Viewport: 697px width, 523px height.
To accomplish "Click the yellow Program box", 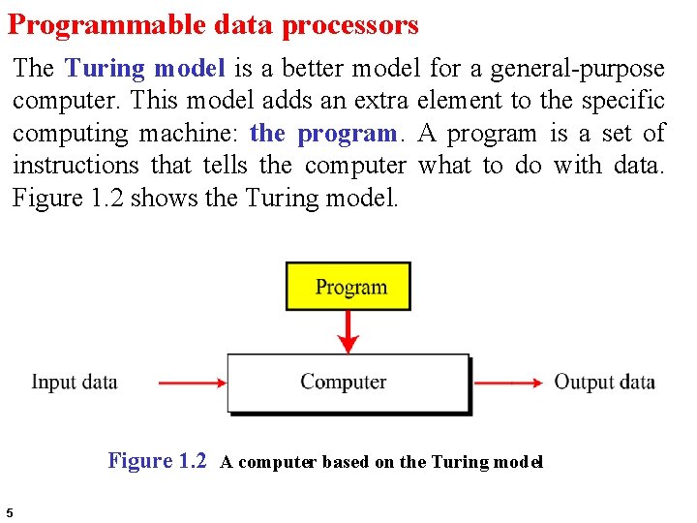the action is [348, 287].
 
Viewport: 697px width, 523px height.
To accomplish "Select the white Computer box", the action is [348, 383].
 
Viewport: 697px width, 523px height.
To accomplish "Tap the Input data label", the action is [75, 382].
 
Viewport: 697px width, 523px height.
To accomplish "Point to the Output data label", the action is [604, 382].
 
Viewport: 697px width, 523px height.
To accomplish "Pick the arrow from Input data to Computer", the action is [191, 383].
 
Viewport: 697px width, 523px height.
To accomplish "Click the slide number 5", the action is [9, 512].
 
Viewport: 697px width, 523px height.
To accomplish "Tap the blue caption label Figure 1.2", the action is [157, 461].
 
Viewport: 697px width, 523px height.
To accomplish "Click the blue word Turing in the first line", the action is [104, 69].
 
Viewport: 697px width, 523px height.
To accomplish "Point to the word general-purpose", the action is [578, 69].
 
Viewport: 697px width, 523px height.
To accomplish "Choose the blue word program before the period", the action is [347, 134].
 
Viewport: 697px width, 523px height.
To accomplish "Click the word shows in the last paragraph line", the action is [170, 199].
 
